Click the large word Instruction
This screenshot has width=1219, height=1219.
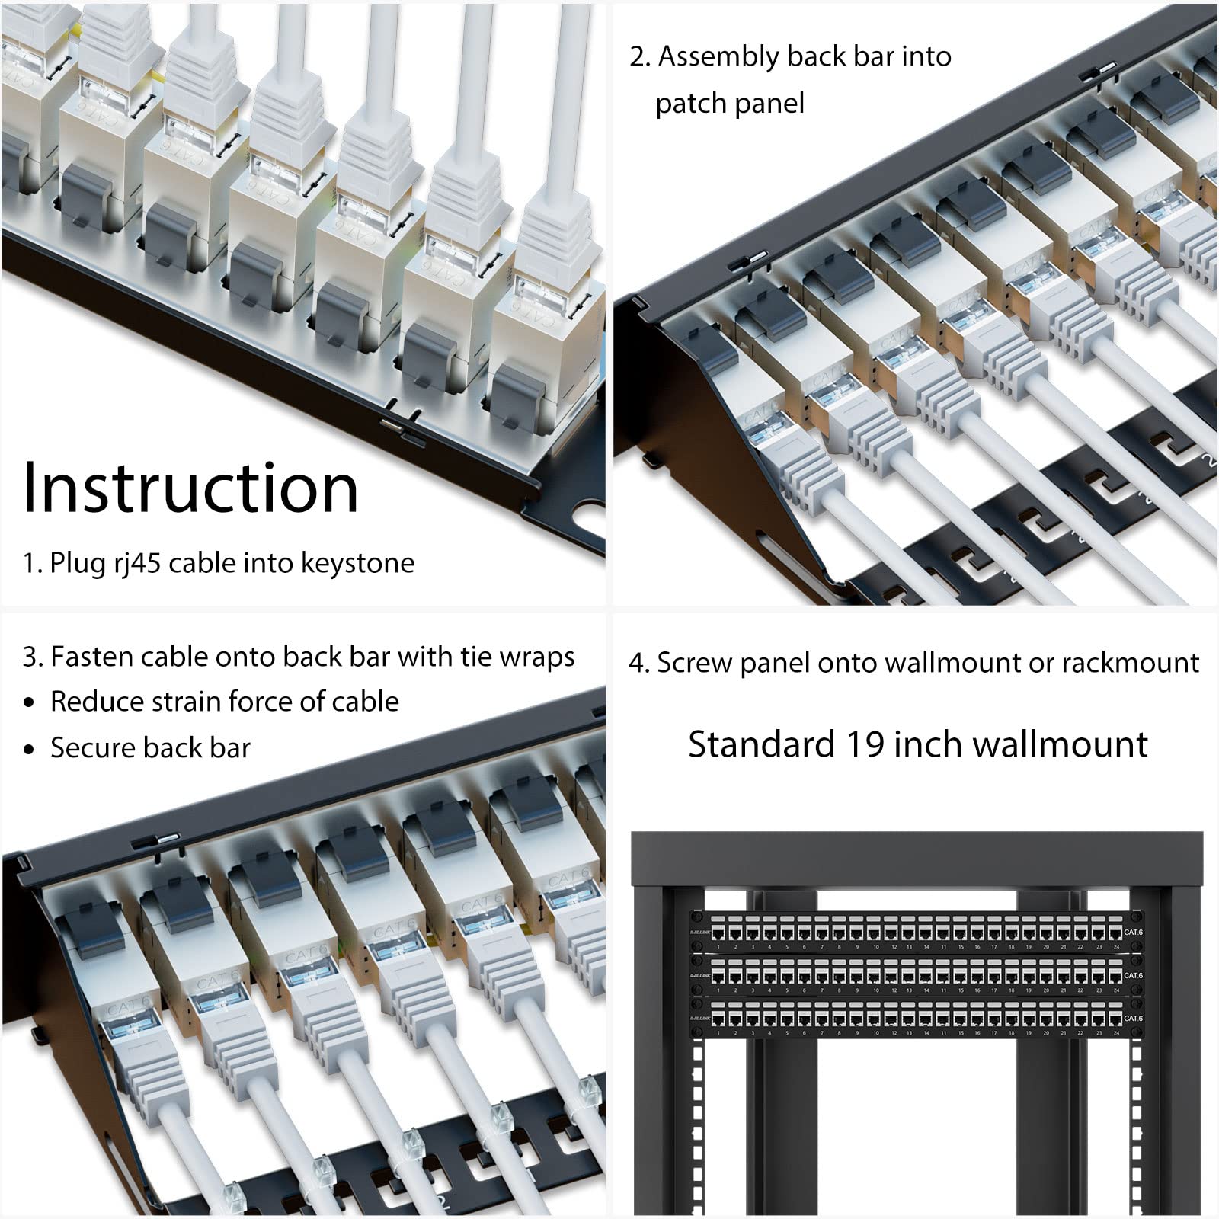pyautogui.click(x=190, y=488)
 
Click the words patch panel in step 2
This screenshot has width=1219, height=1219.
pyautogui.click(x=729, y=104)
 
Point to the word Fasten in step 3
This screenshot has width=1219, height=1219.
pyautogui.click(x=88, y=657)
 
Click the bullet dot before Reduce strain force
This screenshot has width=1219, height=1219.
pyautogui.click(x=29, y=702)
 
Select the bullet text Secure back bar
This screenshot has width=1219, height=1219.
pyautogui.click(x=150, y=748)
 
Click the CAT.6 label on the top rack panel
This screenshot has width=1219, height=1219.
pyautogui.click(x=1133, y=932)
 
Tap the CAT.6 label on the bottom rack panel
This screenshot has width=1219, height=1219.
pyautogui.click(x=1133, y=1018)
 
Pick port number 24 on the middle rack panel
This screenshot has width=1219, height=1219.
pyautogui.click(x=1116, y=990)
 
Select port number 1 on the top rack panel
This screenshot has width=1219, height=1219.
pyautogui.click(x=718, y=948)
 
